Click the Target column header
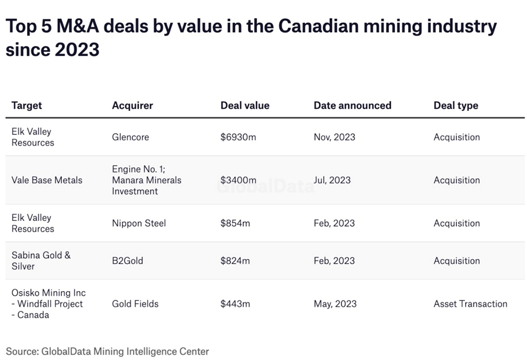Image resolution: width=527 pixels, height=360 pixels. [27, 105]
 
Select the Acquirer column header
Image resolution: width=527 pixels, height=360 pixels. [132, 105]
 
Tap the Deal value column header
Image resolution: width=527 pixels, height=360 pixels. [245, 105]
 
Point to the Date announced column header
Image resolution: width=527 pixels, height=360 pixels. [352, 105]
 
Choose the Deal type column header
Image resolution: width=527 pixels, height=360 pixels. [456, 105]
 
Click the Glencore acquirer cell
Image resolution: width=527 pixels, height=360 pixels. [131, 137]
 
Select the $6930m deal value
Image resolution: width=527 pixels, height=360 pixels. [238, 137]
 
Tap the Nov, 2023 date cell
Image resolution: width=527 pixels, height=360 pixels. [334, 137]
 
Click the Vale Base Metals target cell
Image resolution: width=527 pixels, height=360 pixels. [47, 180]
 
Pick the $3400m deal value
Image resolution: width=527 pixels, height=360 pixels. [238, 180]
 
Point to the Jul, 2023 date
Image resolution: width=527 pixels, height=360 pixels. [332, 180]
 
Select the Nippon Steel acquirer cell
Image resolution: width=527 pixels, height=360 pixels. [139, 223]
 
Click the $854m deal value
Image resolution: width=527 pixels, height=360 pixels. [236, 223]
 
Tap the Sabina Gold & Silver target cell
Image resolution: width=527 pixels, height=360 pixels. [41, 261]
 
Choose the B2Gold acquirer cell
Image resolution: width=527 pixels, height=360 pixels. [128, 261]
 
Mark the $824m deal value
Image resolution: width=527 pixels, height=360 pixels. [236, 261]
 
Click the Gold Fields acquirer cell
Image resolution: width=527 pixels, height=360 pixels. [135, 304]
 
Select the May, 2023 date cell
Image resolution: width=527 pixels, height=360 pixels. [335, 304]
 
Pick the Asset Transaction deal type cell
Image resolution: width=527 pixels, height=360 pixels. [470, 304]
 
